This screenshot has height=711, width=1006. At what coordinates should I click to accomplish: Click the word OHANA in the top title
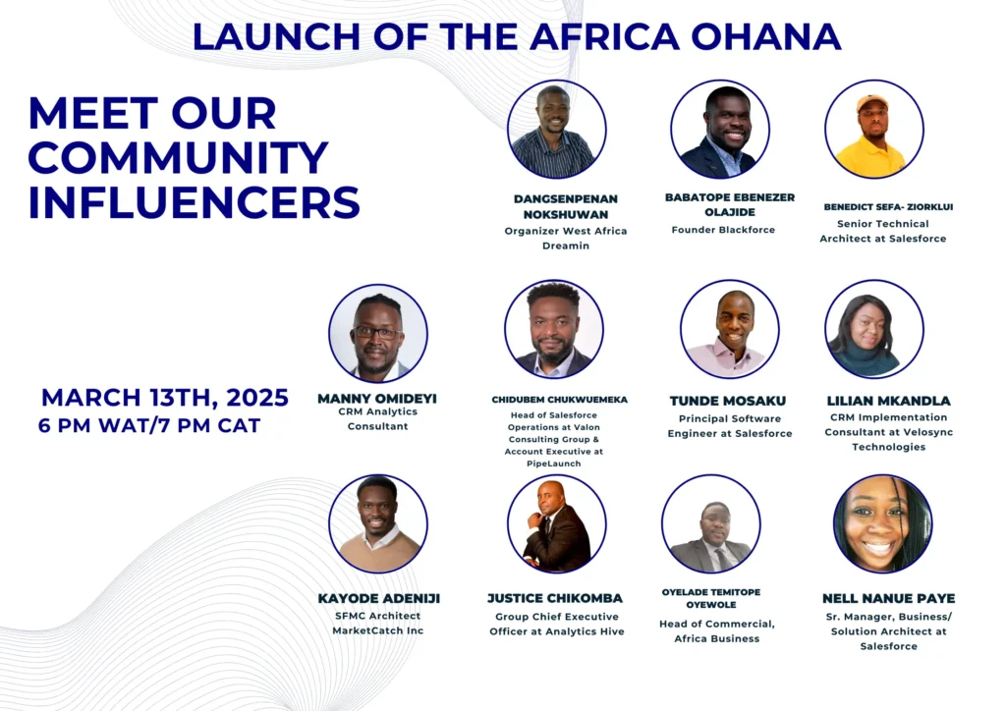click(x=765, y=37)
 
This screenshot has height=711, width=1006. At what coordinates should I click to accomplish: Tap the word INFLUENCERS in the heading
click(x=194, y=202)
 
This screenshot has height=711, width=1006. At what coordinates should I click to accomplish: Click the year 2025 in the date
click(x=257, y=398)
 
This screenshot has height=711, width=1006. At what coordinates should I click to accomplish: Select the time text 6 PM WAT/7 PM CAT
click(x=149, y=425)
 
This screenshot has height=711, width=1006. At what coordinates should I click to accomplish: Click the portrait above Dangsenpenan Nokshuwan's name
click(x=556, y=129)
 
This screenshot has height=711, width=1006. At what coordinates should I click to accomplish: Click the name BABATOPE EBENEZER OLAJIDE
click(x=730, y=204)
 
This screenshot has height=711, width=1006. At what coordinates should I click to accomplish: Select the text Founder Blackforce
click(x=723, y=230)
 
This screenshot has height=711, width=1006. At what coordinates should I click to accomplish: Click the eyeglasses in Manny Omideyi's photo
click(x=376, y=333)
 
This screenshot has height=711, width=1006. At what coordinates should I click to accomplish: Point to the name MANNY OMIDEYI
click(x=377, y=399)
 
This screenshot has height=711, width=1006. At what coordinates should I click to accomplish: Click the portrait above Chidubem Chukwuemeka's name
click(x=554, y=330)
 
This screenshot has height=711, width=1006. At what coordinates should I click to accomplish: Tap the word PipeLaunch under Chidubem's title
click(x=554, y=464)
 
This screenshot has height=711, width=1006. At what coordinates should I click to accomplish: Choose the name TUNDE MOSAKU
click(x=728, y=401)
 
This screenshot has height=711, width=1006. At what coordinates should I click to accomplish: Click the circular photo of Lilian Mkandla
click(x=874, y=329)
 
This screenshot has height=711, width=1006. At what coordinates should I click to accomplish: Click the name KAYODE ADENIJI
click(x=379, y=598)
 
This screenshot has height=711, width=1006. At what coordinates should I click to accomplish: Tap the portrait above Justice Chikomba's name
click(x=556, y=523)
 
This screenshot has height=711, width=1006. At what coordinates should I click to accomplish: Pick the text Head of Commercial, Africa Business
click(x=716, y=630)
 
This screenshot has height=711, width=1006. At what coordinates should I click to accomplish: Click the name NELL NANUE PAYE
click(x=888, y=598)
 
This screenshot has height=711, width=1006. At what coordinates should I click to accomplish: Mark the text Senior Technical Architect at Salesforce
click(x=883, y=231)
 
